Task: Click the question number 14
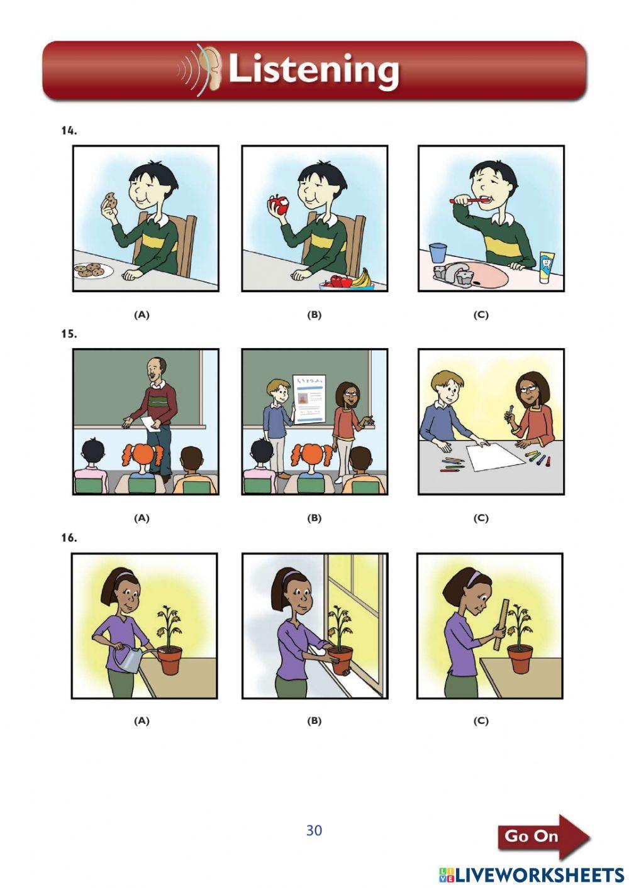[69, 131]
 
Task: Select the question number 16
[69, 537]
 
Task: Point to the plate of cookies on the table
[92, 270]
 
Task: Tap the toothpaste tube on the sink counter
[547, 268]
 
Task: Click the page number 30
[314, 830]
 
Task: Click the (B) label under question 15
[314, 518]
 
